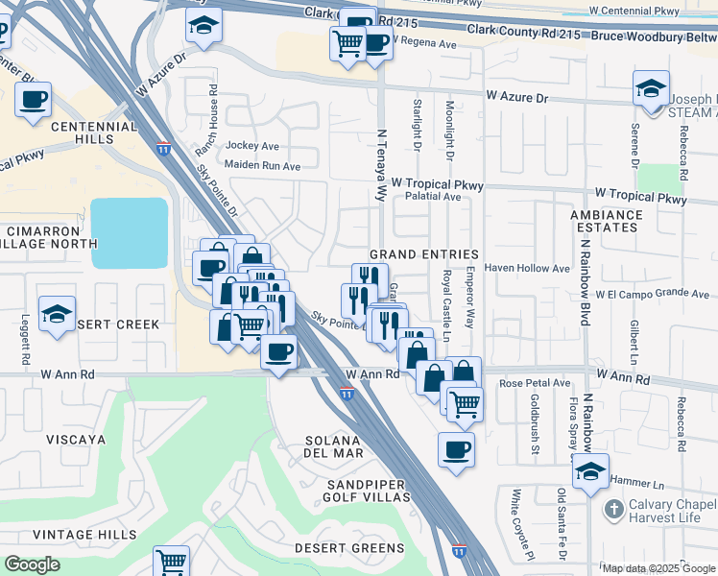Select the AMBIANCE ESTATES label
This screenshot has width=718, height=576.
618,221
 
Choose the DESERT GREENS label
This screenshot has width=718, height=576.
349,548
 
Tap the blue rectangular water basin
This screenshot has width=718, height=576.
129,233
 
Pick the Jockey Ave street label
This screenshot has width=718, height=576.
251,146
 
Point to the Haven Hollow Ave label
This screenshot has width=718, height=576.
527,268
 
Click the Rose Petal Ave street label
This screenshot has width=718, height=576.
534,383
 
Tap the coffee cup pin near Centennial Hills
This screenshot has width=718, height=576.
33,100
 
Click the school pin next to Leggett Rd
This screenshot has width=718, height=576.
57,313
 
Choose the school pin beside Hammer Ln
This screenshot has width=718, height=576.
590,472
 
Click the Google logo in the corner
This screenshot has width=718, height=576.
33,564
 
